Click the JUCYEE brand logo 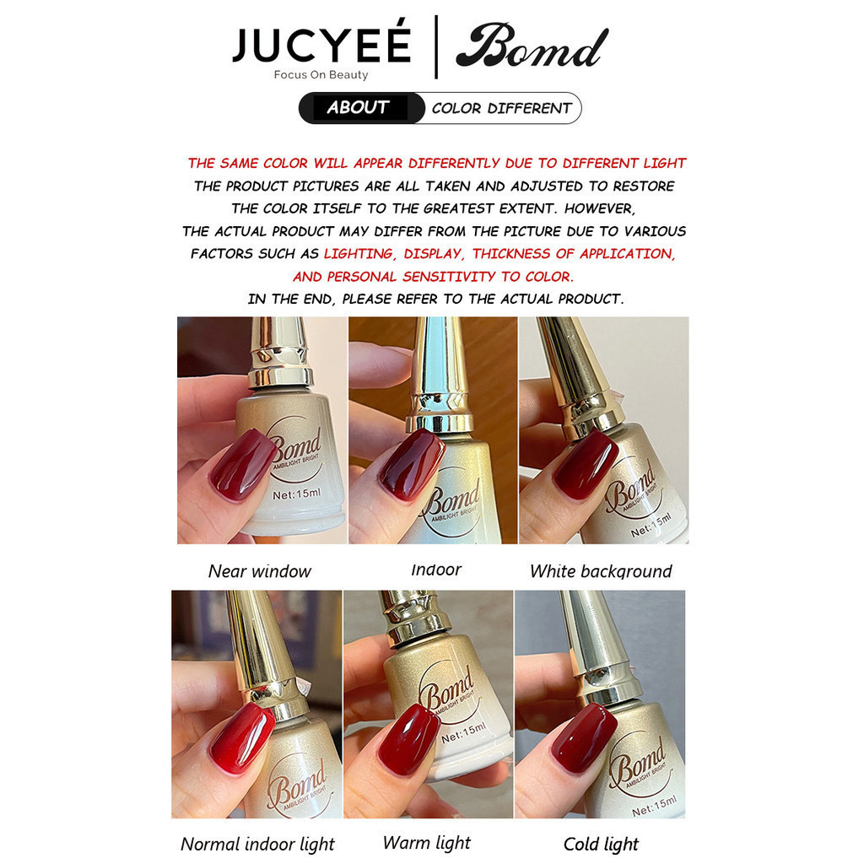(x=321, y=42)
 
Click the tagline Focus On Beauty (x=321, y=75)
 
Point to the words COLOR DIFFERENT (x=501, y=108)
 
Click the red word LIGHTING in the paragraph (x=359, y=254)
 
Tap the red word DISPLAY (x=433, y=254)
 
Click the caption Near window (x=260, y=571)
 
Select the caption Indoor (x=436, y=570)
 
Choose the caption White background (x=601, y=571)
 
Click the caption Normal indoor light (x=257, y=844)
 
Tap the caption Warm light (x=426, y=843)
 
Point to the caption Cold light (x=601, y=844)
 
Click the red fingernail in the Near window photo (x=243, y=465)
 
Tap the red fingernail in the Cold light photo (x=583, y=737)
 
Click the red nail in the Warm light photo (x=409, y=739)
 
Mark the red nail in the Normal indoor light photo (x=241, y=737)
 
